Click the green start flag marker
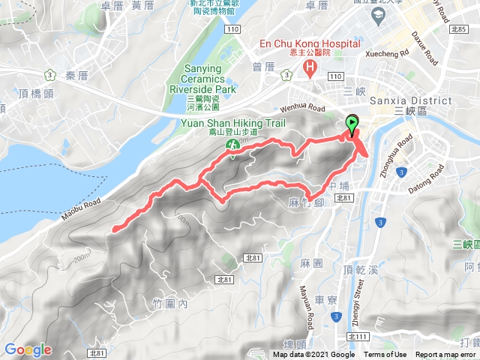click(x=351, y=124)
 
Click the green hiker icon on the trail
click(x=232, y=155)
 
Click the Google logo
click(x=28, y=349)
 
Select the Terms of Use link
click(x=385, y=355)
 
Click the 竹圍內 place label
click(x=169, y=303)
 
